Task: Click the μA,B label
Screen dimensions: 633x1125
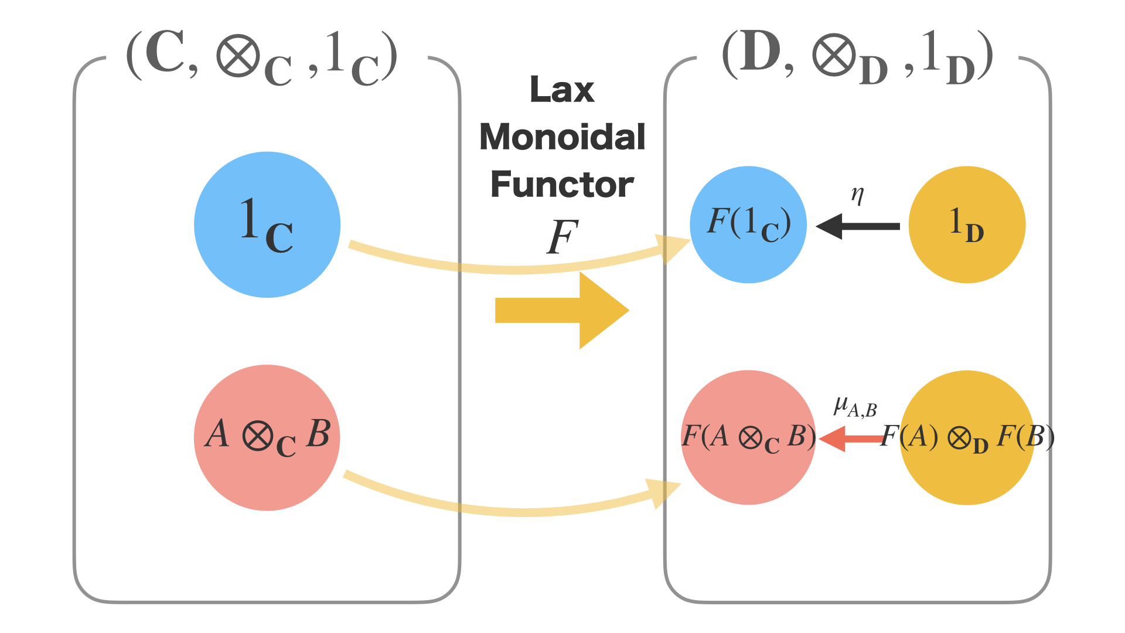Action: (855, 407)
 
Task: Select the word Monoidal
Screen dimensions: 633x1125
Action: (562, 137)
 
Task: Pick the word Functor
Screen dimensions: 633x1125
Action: (562, 185)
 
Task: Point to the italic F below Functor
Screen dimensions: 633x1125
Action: (562, 237)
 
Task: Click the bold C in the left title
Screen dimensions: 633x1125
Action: (165, 54)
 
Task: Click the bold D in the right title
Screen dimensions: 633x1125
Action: (760, 54)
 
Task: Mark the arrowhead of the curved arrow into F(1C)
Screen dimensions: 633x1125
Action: (674, 248)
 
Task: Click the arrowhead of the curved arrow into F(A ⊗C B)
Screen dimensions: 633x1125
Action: (664, 492)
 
